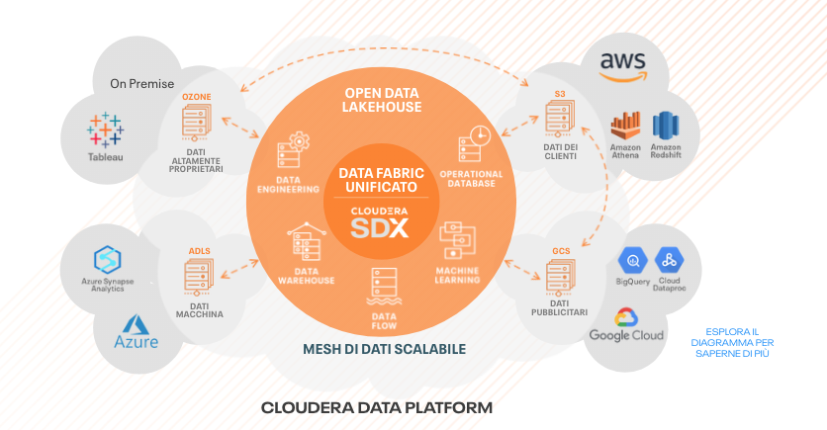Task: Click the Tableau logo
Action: coord(105,129)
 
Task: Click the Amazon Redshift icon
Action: coord(666,126)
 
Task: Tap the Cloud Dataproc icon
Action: coord(670,261)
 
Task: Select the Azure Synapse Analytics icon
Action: coord(106,259)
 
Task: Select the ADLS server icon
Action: coord(198,277)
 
